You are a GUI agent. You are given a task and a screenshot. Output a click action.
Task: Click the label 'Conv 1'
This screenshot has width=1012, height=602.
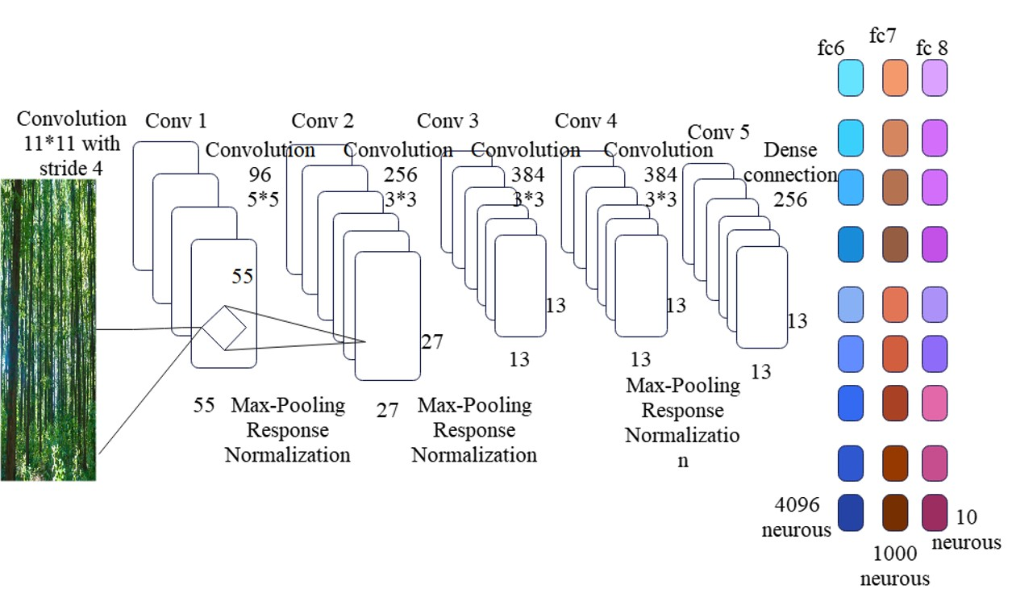(176, 121)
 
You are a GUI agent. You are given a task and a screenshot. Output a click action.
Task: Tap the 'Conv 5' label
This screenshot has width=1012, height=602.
(718, 132)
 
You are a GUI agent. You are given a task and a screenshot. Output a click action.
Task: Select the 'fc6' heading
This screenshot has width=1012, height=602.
(831, 48)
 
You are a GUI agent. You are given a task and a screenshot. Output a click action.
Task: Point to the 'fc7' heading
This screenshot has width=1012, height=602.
(882, 36)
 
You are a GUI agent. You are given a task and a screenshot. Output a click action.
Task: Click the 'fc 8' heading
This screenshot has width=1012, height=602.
(931, 48)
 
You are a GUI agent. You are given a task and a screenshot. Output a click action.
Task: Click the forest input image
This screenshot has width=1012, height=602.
(48, 330)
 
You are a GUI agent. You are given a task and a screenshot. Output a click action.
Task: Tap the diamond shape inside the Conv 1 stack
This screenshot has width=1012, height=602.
(224, 328)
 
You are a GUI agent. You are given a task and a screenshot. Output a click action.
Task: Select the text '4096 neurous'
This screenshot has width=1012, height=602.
(797, 517)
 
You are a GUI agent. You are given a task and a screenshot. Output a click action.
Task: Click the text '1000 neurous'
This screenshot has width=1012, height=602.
(894, 566)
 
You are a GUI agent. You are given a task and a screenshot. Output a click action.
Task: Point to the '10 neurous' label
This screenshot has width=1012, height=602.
(966, 529)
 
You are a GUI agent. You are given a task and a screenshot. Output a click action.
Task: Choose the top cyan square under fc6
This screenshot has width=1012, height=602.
(851, 77)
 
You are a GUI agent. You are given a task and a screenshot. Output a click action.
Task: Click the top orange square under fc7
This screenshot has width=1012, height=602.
(895, 77)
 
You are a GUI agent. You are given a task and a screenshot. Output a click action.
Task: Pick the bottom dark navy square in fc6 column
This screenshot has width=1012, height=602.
(851, 512)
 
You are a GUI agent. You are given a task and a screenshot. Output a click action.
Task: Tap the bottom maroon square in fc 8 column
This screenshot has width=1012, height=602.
(935, 512)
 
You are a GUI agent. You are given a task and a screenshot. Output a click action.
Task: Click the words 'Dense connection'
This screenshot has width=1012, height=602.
(790, 162)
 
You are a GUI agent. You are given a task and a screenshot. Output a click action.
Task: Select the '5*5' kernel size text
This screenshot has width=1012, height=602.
(263, 199)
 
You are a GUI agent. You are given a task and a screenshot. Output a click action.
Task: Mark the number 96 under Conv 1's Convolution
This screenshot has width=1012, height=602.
(260, 174)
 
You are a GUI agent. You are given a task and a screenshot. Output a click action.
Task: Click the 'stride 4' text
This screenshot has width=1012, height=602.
(71, 169)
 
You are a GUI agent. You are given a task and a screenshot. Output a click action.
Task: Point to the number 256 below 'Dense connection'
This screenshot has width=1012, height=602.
(790, 199)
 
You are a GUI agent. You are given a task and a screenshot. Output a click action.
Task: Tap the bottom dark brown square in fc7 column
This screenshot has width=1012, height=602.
(895, 512)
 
